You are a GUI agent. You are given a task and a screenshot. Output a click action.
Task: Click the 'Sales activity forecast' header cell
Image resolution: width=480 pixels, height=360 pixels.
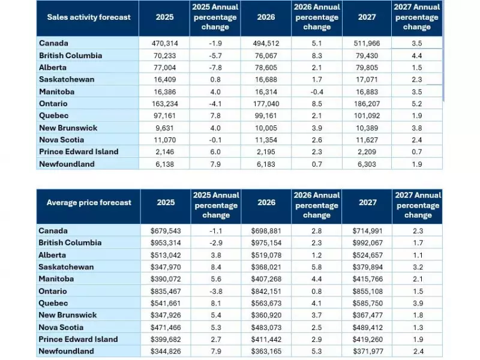(88, 17)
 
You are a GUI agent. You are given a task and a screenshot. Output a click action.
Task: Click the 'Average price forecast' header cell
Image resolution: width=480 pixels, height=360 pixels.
(88, 203)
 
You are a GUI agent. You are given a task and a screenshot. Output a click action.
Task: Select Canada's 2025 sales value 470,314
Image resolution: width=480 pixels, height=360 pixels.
(165, 43)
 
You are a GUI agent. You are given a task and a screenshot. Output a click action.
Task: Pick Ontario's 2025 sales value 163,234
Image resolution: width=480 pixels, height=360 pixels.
(165, 103)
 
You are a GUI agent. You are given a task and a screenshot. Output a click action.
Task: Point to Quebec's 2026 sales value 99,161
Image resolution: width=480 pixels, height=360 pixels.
(265, 115)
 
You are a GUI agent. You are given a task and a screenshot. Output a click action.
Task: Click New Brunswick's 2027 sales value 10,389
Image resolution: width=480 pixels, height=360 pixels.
(367, 128)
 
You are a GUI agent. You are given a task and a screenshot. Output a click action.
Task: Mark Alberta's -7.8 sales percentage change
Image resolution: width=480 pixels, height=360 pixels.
(215, 67)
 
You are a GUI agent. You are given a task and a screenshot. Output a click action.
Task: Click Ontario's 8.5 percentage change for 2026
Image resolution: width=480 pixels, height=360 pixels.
(316, 103)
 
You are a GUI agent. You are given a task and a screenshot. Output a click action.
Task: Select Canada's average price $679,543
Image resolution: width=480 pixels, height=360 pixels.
(165, 231)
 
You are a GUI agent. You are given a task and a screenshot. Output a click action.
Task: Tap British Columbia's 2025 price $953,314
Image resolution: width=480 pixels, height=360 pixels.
(165, 243)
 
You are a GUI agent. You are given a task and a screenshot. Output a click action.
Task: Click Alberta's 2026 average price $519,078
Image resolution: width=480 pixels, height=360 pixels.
(265, 255)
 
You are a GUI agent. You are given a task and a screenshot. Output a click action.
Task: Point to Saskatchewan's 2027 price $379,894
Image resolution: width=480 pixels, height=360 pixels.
(367, 267)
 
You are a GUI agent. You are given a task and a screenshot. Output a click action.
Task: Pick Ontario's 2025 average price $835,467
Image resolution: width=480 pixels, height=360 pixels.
(165, 291)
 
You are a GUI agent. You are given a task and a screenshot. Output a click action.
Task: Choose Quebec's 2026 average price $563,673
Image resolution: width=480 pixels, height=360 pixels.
(265, 303)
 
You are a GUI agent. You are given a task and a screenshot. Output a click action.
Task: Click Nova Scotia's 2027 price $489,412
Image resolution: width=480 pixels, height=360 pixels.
(367, 328)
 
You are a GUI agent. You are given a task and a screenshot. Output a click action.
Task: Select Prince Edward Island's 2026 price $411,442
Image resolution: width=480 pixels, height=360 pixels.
(265, 340)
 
